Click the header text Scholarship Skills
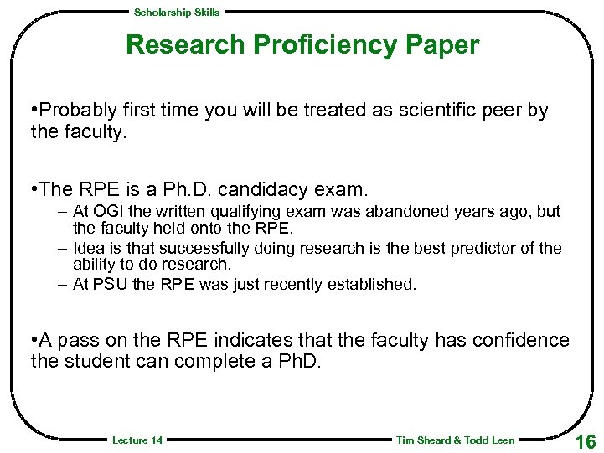point(177,12)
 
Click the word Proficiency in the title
point(324,45)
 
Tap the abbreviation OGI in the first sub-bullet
point(106,212)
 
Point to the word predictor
point(489,249)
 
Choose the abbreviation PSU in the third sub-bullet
point(106,285)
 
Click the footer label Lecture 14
point(137,440)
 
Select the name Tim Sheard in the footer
point(423,440)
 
